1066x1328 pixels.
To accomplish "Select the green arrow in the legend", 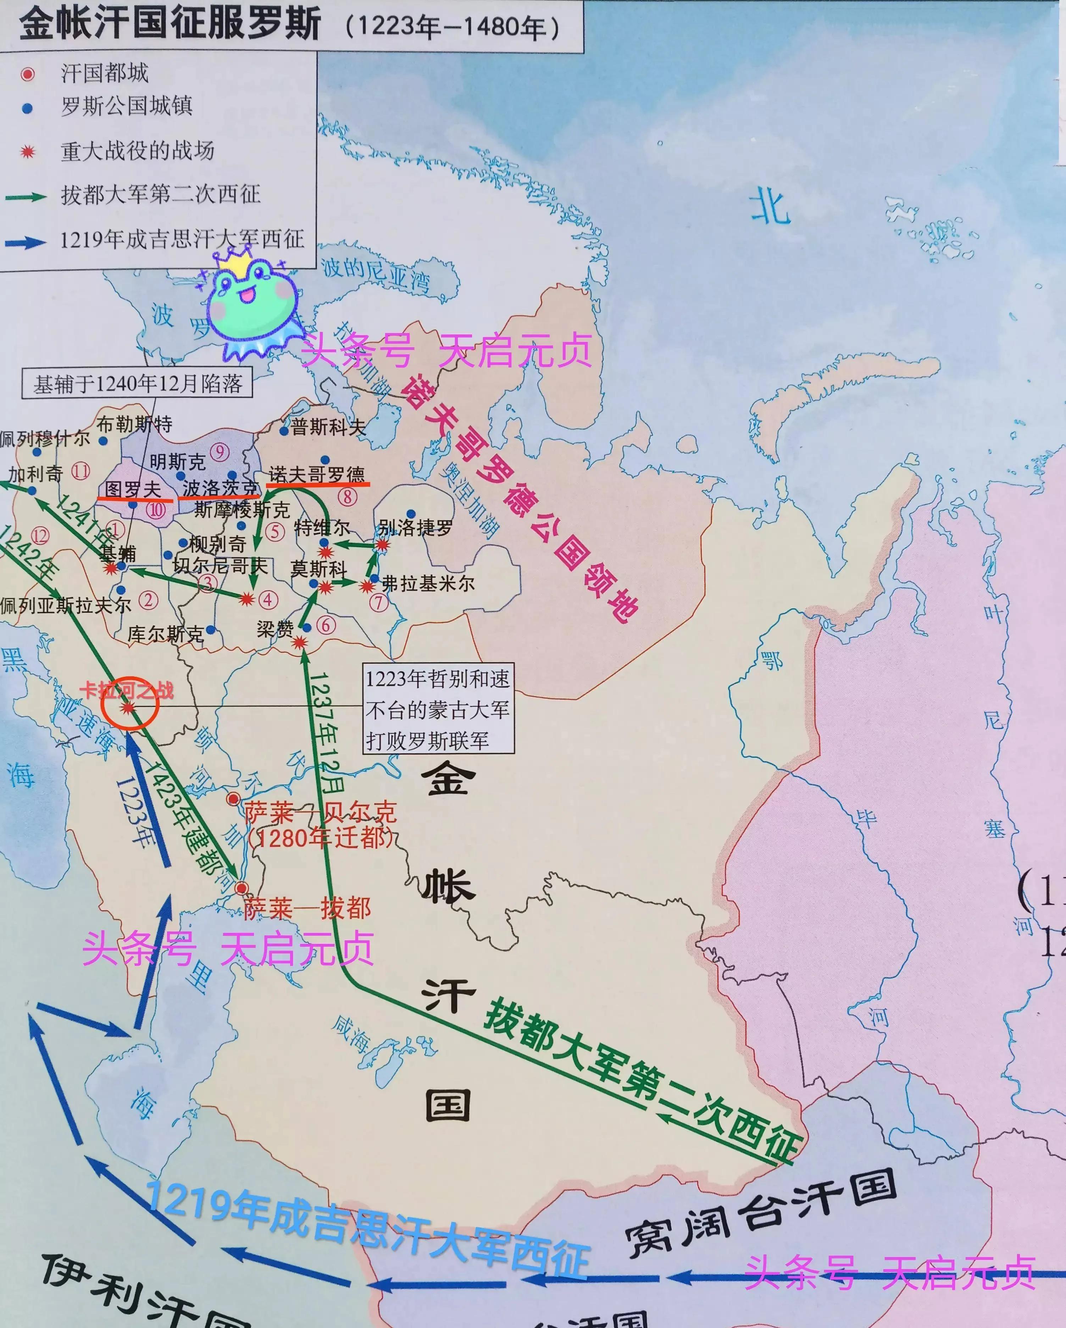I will [26, 197].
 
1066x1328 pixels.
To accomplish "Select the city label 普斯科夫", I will [328, 427].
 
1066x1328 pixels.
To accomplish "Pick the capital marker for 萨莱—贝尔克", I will [233, 799].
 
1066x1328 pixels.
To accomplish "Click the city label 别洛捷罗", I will [416, 528].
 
